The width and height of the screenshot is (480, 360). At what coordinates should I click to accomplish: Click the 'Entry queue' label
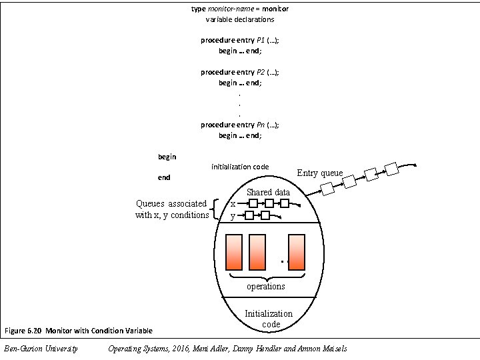pyautogui.click(x=320, y=173)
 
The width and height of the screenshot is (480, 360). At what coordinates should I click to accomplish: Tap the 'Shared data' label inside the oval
pyautogui.click(x=268, y=192)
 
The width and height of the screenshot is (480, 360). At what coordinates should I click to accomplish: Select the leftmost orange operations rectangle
pyautogui.click(x=234, y=251)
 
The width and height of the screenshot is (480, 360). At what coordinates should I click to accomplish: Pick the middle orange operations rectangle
pyautogui.click(x=257, y=251)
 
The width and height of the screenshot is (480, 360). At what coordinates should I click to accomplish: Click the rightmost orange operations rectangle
pyautogui.click(x=297, y=251)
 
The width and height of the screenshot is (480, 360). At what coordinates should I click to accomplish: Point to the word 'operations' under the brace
pyautogui.click(x=266, y=287)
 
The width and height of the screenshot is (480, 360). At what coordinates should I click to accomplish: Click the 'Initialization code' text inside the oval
pyautogui.click(x=269, y=319)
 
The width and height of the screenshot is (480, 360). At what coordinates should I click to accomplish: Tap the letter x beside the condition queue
pyautogui.click(x=232, y=204)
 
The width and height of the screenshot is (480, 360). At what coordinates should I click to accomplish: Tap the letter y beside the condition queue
pyautogui.click(x=232, y=216)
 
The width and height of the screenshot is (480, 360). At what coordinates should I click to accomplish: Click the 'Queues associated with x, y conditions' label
pyautogui.click(x=172, y=209)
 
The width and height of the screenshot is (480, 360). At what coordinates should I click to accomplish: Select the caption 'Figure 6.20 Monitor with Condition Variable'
pyautogui.click(x=79, y=331)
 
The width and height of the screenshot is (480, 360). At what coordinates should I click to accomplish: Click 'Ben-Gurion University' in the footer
pyautogui.click(x=41, y=349)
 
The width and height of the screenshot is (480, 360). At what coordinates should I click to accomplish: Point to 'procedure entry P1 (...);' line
pyautogui.click(x=240, y=40)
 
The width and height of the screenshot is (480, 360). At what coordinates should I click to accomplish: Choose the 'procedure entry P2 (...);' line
pyautogui.click(x=240, y=72)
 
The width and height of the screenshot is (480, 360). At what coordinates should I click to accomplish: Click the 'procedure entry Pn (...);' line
pyautogui.click(x=240, y=125)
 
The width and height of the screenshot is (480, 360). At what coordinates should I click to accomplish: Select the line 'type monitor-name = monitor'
pyautogui.click(x=240, y=9)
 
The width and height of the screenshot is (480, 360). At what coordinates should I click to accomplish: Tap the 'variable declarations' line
pyautogui.click(x=240, y=19)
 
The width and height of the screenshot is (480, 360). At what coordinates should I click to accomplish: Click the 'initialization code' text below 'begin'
pyautogui.click(x=240, y=166)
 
